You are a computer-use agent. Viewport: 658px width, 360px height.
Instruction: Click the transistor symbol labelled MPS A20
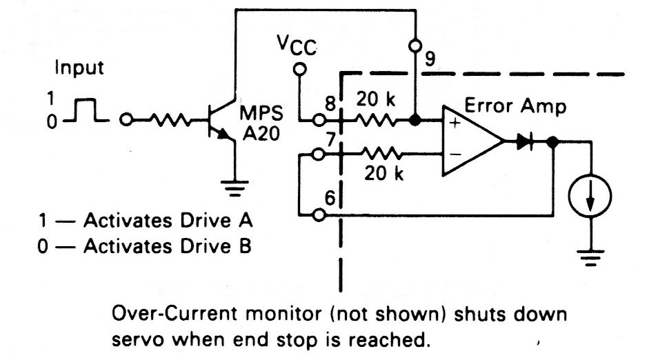222,122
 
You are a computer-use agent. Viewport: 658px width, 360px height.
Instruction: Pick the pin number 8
330,106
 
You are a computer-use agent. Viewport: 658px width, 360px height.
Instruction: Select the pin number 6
330,197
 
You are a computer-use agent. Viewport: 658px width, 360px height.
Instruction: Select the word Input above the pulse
79,68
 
